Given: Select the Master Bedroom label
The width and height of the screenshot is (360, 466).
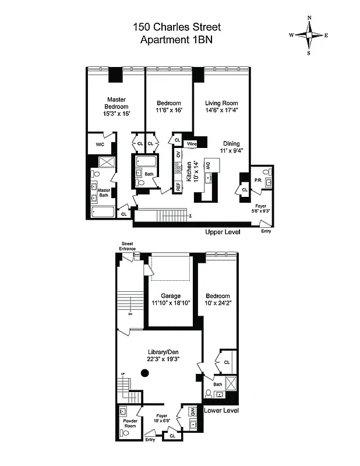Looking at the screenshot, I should click(x=116, y=103).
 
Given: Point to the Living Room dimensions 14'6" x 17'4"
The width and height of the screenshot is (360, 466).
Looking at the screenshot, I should click(x=222, y=110).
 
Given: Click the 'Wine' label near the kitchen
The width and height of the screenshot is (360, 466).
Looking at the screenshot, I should click(x=191, y=143).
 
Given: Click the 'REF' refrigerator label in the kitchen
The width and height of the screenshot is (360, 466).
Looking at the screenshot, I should click(x=178, y=187).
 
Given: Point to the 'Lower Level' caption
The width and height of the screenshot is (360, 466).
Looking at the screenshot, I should click(x=221, y=410).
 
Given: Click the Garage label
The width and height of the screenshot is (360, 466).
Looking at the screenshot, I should click(x=171, y=296).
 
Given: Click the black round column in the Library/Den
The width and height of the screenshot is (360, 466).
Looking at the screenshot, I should click(x=145, y=373).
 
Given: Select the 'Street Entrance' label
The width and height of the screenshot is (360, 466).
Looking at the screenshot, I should click(x=128, y=246).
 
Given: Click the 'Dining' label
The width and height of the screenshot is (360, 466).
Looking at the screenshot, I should click(x=231, y=143).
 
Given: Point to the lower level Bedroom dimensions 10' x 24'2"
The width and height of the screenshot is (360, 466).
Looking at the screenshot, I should click(x=217, y=303).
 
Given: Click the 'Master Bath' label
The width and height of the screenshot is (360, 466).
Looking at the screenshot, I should click(x=104, y=193).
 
